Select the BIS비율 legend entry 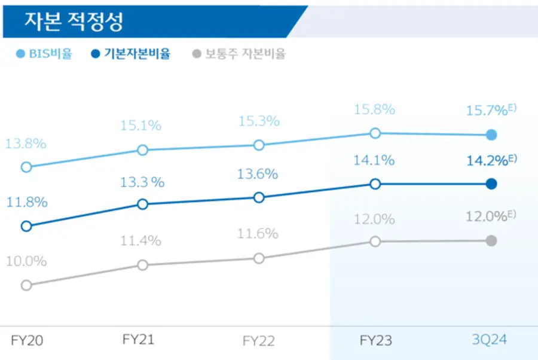click(45, 54)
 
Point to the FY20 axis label click(27, 341)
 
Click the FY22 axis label click(258, 341)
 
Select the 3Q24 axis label click(490, 340)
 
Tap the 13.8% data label click(26, 144)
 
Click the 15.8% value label click(375, 110)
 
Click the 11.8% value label click(27, 202)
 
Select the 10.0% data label click(26, 261)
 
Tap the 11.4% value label click(141, 241)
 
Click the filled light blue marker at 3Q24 click(491, 135)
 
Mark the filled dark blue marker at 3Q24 click(491, 184)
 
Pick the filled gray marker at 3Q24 click(491, 240)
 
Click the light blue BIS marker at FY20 click(26, 167)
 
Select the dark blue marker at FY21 click(142, 205)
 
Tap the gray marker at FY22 click(259, 258)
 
